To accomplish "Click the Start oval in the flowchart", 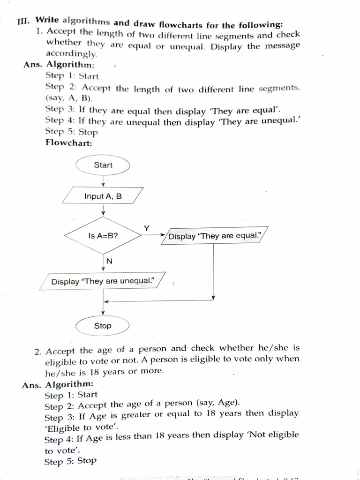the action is click(103, 165).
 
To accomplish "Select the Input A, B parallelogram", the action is click(103, 196).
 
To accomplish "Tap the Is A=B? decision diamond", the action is click(103, 236).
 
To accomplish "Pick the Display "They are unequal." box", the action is click(103, 281).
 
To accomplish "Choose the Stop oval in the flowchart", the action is click(103, 326).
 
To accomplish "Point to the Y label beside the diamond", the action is click(147, 228).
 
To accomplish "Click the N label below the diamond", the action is click(109, 261).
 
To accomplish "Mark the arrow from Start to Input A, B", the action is click(103, 181).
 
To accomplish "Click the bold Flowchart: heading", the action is click(69, 143).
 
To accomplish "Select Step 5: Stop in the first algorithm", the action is click(71, 132).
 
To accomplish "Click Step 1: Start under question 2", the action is click(71, 395).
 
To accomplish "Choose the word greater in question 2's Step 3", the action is click(136, 414).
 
